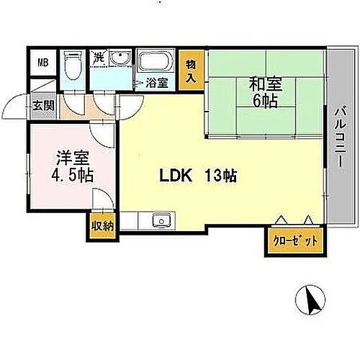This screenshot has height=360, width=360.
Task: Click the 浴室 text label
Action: point(158,83)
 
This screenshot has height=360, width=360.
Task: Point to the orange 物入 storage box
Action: point(190,71)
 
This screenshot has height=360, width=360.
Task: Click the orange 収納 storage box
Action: point(102,225)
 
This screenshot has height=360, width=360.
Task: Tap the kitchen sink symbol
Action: point(160,221)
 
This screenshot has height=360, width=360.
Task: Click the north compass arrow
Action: point(310,301)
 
